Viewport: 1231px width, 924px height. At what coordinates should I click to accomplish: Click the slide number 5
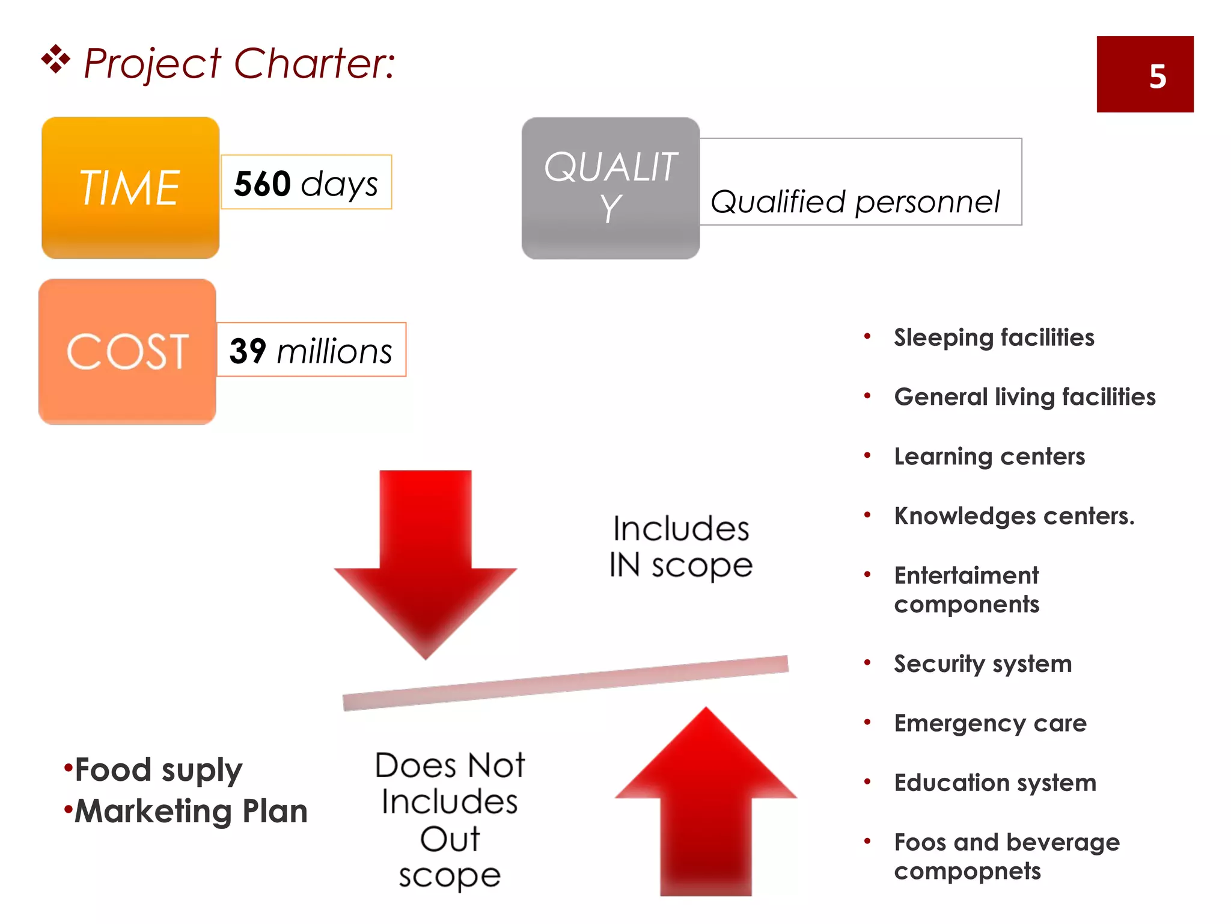1157,76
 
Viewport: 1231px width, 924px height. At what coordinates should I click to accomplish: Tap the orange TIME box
130,188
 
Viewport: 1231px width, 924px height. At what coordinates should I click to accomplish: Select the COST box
127,351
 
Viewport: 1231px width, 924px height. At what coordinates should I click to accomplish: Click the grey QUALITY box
610,188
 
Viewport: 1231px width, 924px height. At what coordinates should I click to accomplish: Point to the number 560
262,183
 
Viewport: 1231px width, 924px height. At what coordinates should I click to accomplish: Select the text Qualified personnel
855,202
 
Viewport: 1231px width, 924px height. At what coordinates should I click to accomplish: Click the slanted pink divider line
565,683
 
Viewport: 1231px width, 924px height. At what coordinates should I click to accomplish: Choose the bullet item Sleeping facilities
994,337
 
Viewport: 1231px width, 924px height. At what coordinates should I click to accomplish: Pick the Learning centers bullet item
989,457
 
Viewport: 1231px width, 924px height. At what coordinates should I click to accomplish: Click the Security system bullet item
983,664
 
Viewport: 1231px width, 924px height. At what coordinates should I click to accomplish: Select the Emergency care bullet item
990,723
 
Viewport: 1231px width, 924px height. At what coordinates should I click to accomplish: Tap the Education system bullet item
995,783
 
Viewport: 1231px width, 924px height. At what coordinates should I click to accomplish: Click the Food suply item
157,770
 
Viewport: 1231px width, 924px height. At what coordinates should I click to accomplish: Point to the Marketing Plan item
190,812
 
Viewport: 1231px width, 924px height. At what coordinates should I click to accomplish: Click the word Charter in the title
313,63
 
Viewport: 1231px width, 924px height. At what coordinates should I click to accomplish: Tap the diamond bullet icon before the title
55,60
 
